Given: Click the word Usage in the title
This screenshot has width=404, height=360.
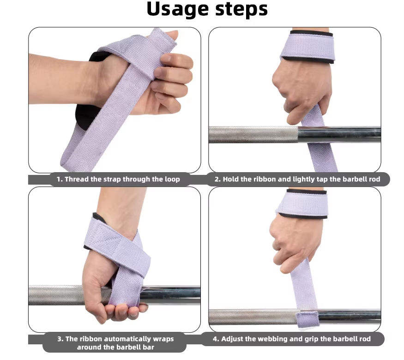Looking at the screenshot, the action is [x=177, y=10].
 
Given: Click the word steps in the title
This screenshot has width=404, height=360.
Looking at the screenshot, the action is [x=241, y=10].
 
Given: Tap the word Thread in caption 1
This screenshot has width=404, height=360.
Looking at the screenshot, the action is [x=77, y=179].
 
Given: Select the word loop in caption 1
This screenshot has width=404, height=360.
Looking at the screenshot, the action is [x=172, y=179].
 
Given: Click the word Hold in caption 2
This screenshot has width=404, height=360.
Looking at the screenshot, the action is [x=230, y=179].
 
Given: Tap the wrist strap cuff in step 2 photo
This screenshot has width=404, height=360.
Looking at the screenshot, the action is [x=308, y=46].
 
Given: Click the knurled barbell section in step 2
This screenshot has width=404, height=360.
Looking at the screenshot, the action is [x=253, y=134].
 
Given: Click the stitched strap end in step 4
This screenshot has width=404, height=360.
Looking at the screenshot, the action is [x=308, y=319].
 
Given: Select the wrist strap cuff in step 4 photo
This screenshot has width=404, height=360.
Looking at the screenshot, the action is [x=302, y=204].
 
